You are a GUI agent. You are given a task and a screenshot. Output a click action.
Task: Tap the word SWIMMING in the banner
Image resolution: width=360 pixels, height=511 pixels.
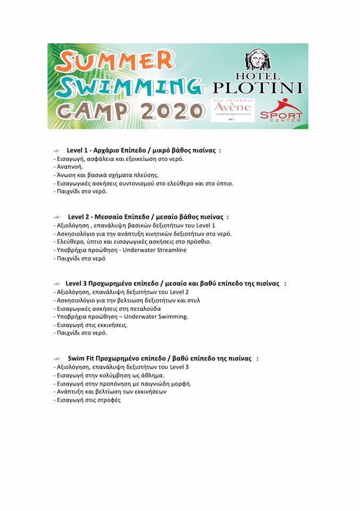pyautogui.click(x=130, y=86)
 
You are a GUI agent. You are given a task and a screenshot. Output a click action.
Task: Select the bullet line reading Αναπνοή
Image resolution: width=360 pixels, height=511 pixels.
pyautogui.click(x=69, y=167)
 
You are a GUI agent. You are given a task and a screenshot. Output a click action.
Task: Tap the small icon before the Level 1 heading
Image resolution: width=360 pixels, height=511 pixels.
pyautogui.click(x=58, y=151)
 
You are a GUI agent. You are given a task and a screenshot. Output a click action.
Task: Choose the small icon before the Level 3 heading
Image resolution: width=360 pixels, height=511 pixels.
pyautogui.click(x=58, y=284)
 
